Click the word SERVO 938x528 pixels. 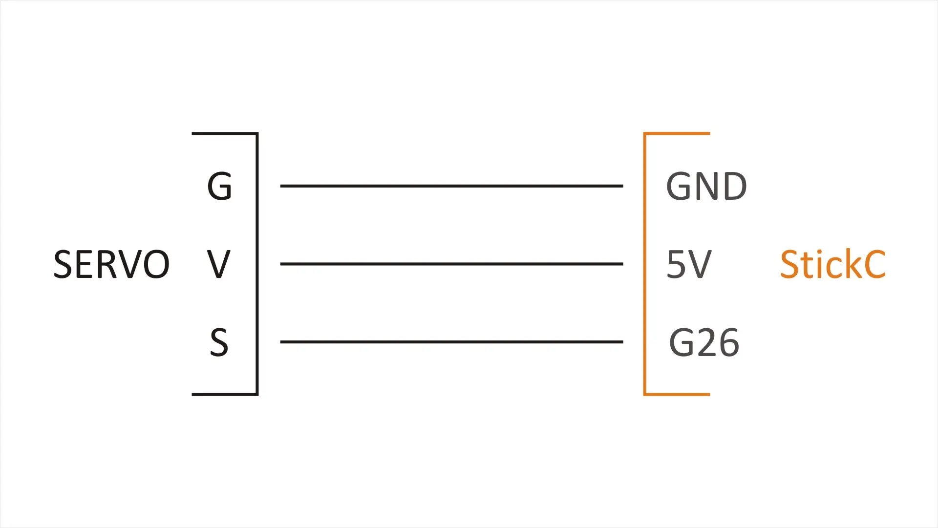coord(111,264)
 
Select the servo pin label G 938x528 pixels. coord(219,186)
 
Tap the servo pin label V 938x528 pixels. coord(218,264)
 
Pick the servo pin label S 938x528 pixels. coord(219,342)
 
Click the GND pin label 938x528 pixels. coord(706,186)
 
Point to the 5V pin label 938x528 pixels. coord(689,264)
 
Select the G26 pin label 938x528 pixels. coord(704,342)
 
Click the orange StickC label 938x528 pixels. coord(833,264)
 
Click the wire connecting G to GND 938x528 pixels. coord(451,186)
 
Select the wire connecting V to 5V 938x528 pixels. coord(451,264)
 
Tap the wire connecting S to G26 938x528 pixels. coord(451,342)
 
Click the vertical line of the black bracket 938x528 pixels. coord(257,264)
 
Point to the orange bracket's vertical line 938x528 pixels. coord(645,264)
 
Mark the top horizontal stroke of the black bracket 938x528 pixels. coord(225,133)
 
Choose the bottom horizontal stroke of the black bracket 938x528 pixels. coord(225,394)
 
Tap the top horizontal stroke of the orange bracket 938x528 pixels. coord(677,133)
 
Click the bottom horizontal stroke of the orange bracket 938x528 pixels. coord(677,394)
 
